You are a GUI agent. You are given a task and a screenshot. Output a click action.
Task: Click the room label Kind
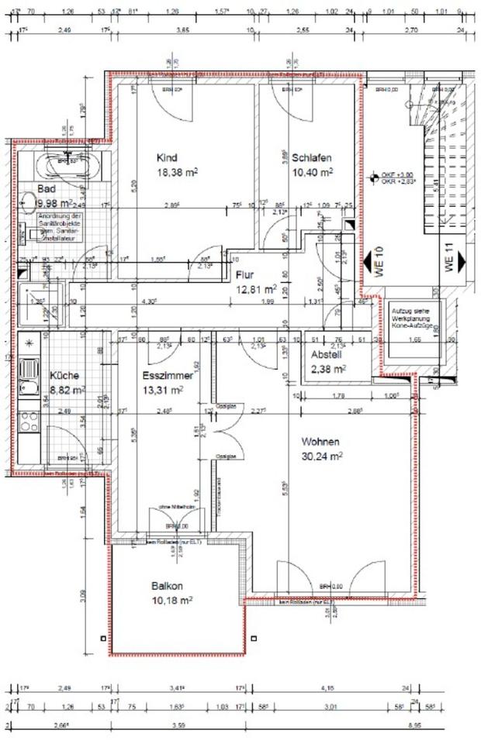pyautogui.click(x=167, y=156)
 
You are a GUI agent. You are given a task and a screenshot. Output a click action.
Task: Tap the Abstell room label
pyautogui.click(x=327, y=355)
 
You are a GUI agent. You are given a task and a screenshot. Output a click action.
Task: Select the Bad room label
pyautogui.click(x=47, y=189)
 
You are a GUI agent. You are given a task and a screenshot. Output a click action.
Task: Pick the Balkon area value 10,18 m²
pyautogui.click(x=173, y=600)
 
